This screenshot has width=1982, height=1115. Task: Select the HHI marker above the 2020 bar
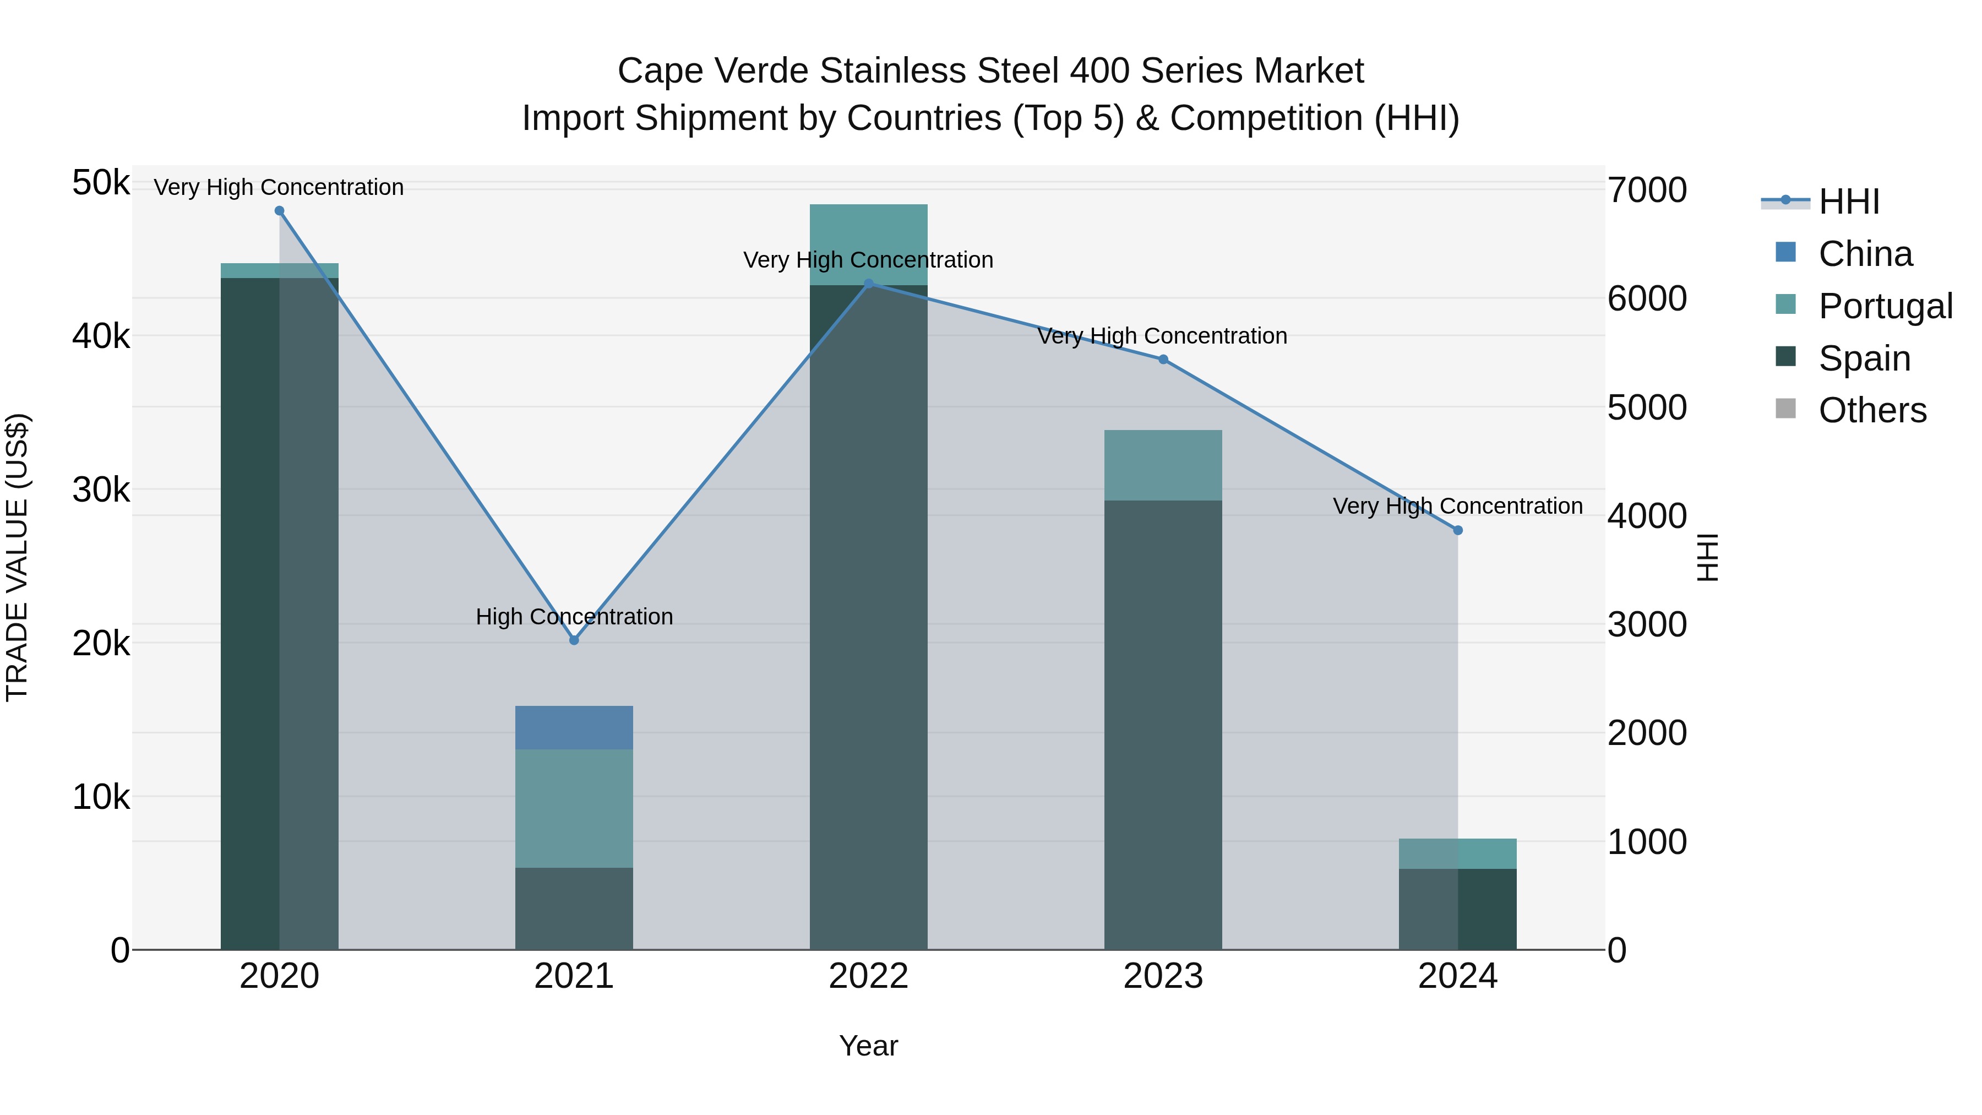[279, 211]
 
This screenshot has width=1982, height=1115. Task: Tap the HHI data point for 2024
[1457, 530]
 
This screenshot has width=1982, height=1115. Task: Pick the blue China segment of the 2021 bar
[574, 727]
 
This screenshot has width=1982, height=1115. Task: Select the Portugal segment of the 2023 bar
[1163, 465]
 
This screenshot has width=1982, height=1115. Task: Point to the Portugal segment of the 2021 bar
[574, 808]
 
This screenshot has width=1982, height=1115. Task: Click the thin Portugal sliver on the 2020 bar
[279, 270]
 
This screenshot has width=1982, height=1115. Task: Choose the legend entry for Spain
[1864, 358]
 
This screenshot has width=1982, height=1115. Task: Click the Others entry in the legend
[1871, 411]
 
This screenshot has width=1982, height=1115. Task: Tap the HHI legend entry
[1848, 202]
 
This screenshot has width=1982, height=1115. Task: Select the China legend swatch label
[1865, 254]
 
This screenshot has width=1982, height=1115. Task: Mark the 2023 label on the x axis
[1163, 976]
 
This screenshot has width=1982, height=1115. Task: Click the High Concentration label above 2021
[574, 616]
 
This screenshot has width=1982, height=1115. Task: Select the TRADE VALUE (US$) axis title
[17, 557]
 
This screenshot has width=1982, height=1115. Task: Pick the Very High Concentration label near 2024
[1457, 507]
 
